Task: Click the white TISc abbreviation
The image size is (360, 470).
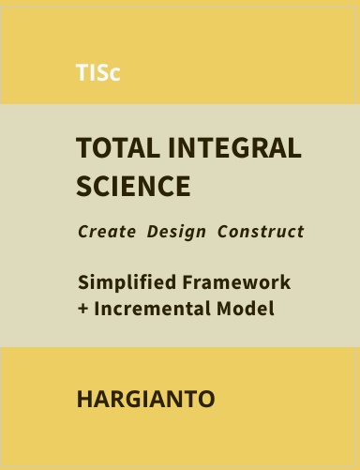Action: [97, 72]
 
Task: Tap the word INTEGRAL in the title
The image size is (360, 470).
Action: [234, 147]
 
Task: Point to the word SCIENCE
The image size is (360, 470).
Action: [133, 186]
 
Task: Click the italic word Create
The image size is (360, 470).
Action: [107, 232]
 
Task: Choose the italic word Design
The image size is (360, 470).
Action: [176, 233]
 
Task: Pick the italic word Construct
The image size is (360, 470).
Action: [261, 232]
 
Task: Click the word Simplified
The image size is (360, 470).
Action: [127, 282]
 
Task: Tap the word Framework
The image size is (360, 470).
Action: [236, 282]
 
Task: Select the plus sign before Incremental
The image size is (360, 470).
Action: [82, 309]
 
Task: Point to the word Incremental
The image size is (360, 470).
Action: [152, 309]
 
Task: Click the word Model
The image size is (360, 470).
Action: [246, 309]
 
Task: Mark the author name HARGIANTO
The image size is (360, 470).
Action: [145, 399]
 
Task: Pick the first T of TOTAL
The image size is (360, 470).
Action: [83, 147]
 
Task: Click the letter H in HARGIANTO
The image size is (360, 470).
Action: [84, 399]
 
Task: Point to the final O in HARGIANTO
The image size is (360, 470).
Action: [206, 399]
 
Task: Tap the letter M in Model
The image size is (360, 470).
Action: [225, 309]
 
